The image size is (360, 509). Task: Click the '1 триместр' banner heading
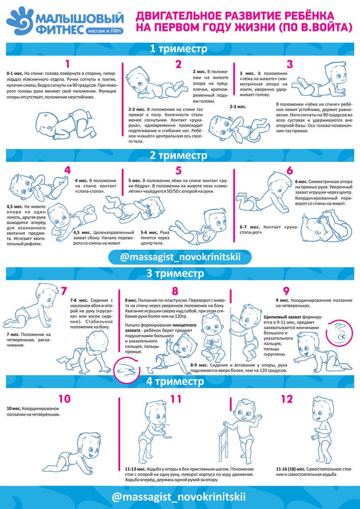[178, 49]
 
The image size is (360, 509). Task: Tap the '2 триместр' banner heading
[178, 155]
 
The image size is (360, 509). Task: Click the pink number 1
[68, 64]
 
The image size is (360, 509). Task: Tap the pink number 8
[175, 291]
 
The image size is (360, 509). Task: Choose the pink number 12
[287, 399]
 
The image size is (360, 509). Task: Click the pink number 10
[64, 399]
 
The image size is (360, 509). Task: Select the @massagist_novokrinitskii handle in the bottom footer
[181, 497]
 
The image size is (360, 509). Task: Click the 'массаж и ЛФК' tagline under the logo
[105, 32]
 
